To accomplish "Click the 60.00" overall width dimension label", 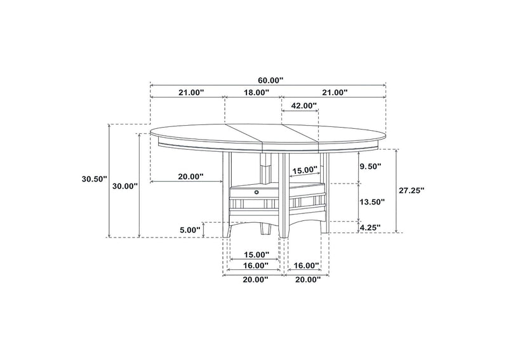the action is tap(271, 80).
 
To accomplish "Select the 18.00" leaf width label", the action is tap(257, 92).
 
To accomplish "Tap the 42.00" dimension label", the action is tap(304, 105).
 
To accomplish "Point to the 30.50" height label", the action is tap(94, 178).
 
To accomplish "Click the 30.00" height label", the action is tap(125, 186).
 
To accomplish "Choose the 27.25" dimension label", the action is tap(411, 190).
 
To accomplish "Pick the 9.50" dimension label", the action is tap(370, 166).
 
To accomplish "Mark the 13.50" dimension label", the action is tap(372, 202).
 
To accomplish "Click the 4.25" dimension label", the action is tap(370, 227).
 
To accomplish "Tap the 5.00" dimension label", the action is tap(190, 230).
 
